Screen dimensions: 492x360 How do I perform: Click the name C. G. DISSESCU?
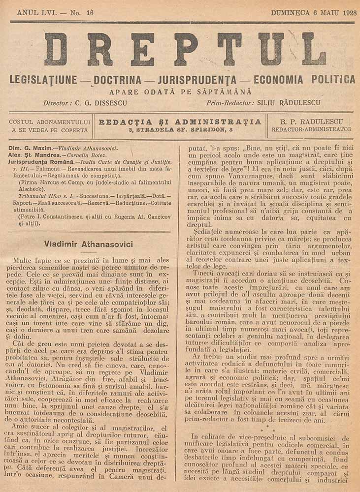101,103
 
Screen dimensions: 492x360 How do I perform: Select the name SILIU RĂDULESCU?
289,103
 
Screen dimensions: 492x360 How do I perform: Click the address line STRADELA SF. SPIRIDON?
180,129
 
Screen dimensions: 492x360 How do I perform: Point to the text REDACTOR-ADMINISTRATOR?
311,129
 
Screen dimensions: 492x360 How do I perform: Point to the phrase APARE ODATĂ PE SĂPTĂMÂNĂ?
180,92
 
